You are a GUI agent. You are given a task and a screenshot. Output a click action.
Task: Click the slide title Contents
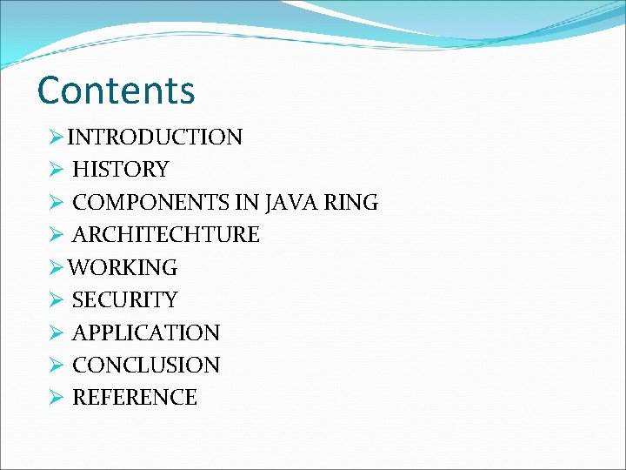(117, 91)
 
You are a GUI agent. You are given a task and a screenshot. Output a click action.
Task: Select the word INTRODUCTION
(155, 138)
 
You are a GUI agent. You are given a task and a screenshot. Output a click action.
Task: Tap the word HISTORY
(120, 170)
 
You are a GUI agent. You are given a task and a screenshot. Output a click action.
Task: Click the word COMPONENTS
(151, 203)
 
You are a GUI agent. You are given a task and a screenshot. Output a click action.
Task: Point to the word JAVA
(292, 203)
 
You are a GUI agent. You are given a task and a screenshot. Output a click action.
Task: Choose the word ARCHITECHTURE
(165, 235)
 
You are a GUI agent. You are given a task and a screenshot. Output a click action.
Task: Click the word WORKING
(123, 268)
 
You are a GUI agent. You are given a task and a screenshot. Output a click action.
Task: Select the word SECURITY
(124, 300)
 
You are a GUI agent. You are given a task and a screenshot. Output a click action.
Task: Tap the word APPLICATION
(145, 332)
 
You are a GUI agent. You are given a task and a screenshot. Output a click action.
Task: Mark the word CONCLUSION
(145, 366)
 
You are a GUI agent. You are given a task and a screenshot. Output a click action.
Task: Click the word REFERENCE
(134, 398)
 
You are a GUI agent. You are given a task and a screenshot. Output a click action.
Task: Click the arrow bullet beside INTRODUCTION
(57, 138)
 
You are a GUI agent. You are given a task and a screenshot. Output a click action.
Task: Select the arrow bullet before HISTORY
(57, 170)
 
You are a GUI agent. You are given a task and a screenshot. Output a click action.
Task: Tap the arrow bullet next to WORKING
(57, 268)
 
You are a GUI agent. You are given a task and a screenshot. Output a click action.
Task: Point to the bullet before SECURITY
(57, 300)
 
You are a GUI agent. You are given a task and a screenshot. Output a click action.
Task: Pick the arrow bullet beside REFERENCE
(57, 398)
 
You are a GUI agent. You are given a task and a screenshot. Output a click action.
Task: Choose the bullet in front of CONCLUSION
(57, 366)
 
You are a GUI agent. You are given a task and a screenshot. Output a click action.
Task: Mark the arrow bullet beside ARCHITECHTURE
(57, 235)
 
